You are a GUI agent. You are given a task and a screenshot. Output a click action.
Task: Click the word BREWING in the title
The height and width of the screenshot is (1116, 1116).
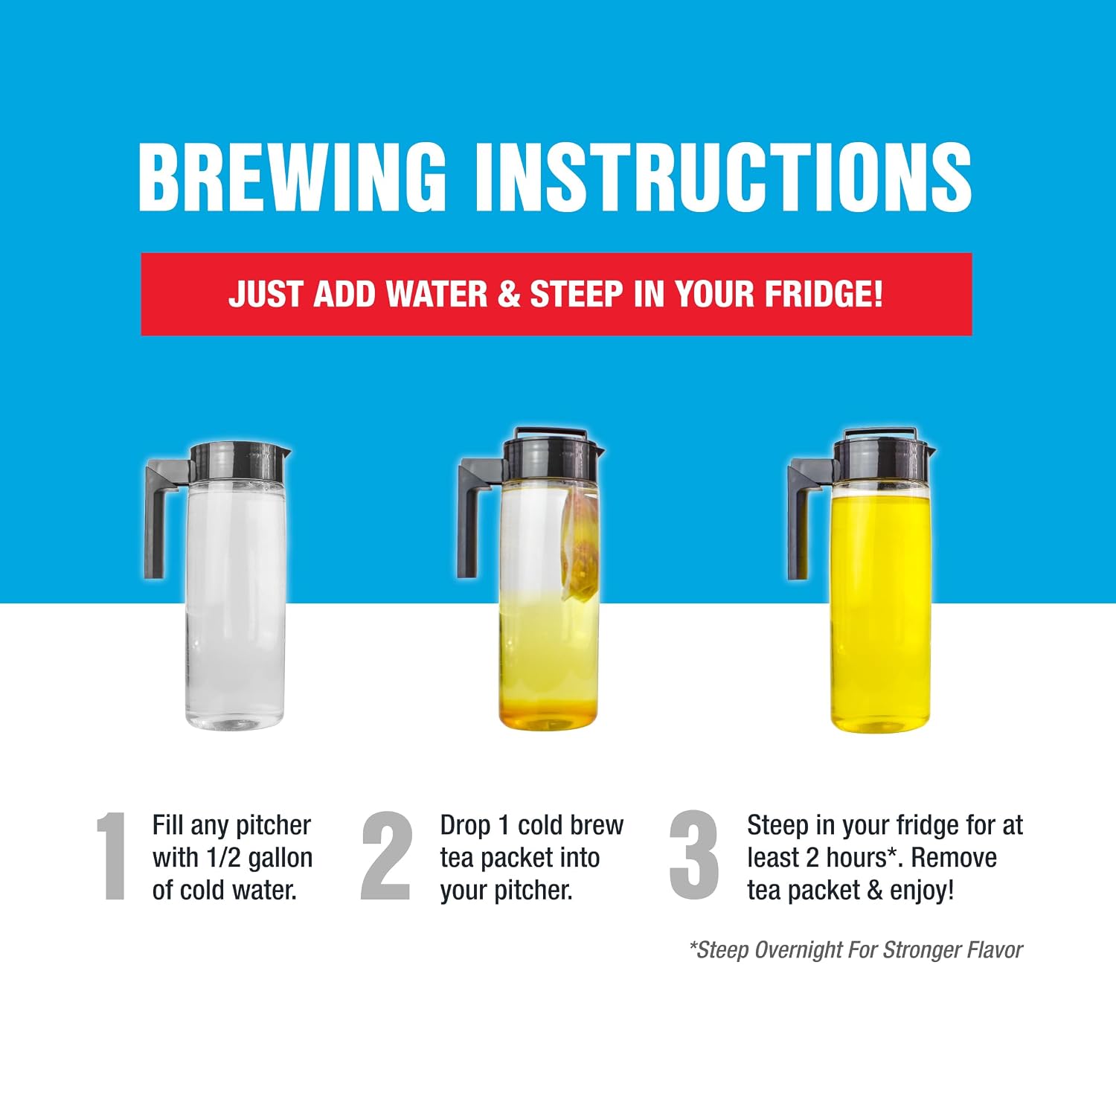tap(292, 176)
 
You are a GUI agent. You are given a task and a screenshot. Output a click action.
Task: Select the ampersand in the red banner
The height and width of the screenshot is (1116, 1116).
tap(509, 294)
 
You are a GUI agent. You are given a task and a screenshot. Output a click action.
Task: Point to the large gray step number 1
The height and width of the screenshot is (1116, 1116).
tap(113, 856)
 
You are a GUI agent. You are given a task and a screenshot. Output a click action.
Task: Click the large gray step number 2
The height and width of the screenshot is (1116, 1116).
tap(387, 855)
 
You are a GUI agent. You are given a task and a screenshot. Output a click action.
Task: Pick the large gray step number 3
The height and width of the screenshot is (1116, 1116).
tap(694, 855)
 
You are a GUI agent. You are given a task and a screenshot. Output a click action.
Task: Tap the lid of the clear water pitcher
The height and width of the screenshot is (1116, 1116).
tap(238, 461)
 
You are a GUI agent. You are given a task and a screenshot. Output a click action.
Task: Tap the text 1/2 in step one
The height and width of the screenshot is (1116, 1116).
tap(223, 858)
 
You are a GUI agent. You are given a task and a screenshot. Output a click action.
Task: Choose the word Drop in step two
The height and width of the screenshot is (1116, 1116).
tap(465, 827)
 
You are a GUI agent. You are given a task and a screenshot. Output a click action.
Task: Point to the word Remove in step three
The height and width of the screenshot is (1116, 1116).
tap(954, 858)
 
